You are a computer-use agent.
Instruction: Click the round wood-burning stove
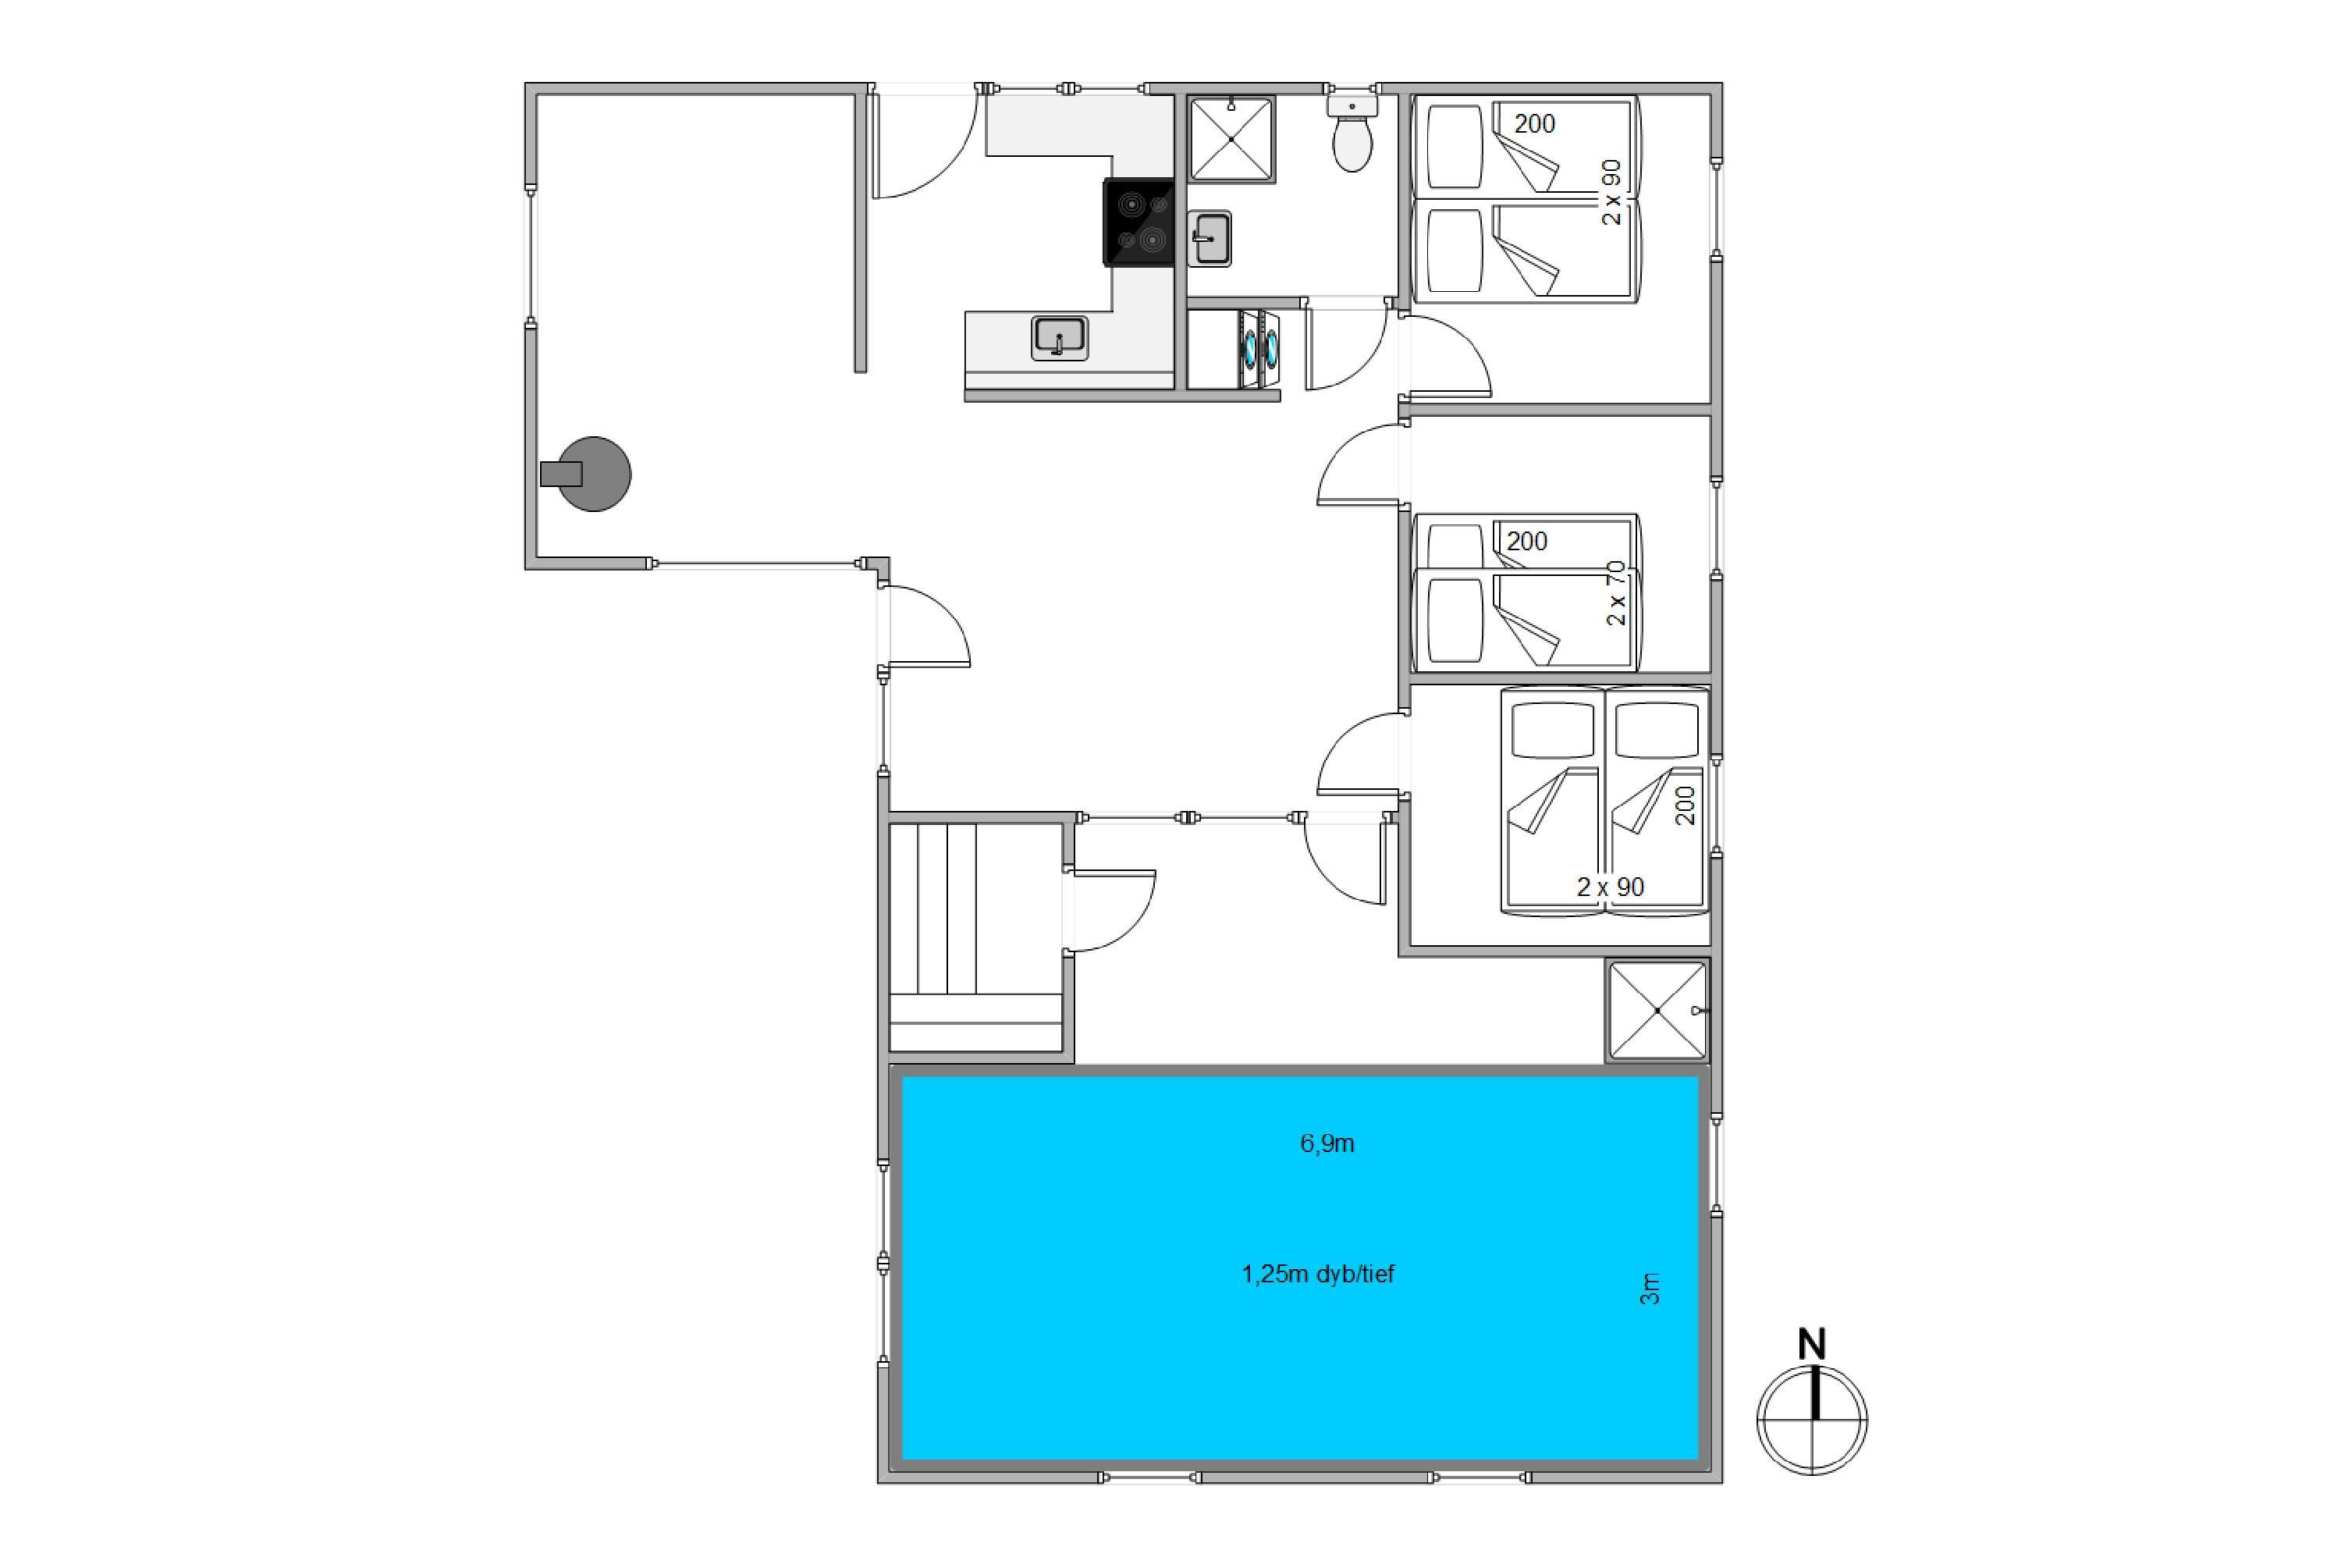593,474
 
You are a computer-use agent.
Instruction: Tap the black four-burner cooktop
1139,222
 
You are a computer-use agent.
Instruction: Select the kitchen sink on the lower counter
1060,337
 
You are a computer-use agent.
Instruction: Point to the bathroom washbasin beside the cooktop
1210,239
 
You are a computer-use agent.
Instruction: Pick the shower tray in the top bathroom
1231,140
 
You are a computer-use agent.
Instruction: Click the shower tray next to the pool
1657,1011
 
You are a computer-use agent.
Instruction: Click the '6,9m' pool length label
1327,1144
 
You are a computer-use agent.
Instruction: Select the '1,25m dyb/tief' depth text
1318,1275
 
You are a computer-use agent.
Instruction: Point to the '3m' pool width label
1650,1289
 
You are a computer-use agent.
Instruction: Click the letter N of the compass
1813,1345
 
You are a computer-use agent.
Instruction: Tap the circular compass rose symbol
1813,1420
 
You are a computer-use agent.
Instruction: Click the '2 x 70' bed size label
1616,593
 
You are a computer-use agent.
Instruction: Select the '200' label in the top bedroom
1534,124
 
